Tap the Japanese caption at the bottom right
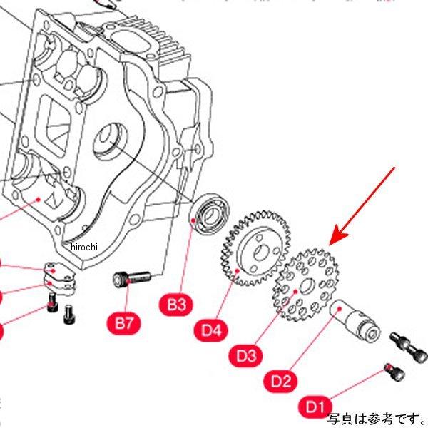[376, 418]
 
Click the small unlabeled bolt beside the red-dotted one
[68, 312]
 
